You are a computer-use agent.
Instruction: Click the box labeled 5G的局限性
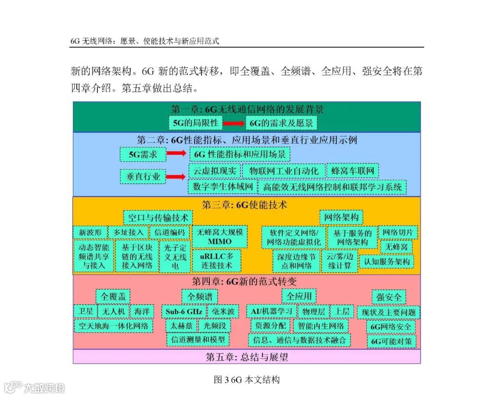coord(195,123)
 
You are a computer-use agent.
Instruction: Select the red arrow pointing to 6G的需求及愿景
coord(234,123)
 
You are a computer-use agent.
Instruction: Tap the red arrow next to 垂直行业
coord(176,177)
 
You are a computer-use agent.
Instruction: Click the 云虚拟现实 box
coord(214,171)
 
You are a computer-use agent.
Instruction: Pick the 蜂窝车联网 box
coord(353,171)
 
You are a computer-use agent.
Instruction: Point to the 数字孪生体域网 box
coord(223,187)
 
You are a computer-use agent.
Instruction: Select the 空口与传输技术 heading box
coord(158,217)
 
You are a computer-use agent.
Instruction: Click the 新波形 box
coord(90,232)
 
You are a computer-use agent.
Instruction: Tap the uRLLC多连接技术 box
coord(219,261)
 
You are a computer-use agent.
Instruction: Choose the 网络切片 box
coord(398,232)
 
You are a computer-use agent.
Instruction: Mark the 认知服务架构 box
coord(387,262)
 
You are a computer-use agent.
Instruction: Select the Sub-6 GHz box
coord(183,311)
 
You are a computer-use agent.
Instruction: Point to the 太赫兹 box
coord(181,326)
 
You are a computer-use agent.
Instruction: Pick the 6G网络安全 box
coord(390,327)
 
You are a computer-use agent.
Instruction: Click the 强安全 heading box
coord(389,297)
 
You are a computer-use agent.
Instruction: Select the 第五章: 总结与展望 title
coord(247,357)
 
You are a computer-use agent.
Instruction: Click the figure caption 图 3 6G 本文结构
coord(247,380)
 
